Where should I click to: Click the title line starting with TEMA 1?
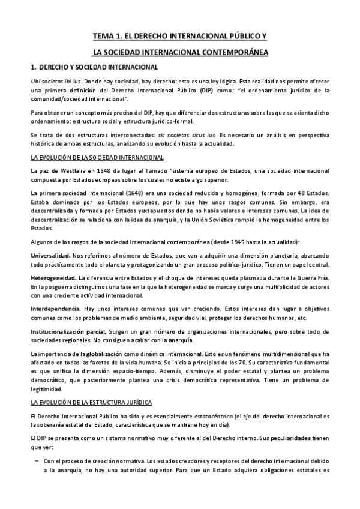(x=180, y=36)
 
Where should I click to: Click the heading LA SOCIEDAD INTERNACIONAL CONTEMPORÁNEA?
(x=180, y=52)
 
